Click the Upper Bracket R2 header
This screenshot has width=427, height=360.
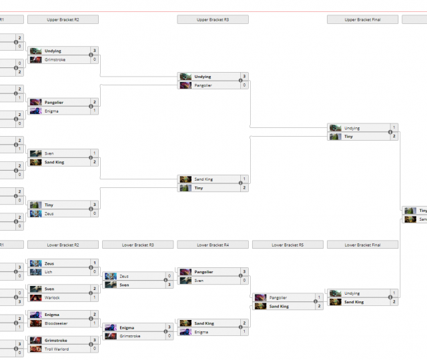[63, 20]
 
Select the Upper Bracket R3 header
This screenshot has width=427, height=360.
[213, 20]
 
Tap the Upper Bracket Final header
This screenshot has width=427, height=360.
[363, 20]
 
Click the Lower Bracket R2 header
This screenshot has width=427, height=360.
[63, 245]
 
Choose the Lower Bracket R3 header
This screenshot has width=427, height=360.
[137, 245]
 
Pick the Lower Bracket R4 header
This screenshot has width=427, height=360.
[213, 245]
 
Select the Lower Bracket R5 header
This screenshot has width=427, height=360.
[288, 245]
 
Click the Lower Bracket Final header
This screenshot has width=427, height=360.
[363, 245]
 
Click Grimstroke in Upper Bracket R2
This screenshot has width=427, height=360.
[55, 59]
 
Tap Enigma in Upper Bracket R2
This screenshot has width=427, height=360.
[52, 111]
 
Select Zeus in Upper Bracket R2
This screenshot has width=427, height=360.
[50, 213]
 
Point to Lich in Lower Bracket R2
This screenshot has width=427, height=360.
[49, 272]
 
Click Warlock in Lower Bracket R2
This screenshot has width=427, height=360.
[53, 297]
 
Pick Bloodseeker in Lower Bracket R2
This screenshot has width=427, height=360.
[56, 323]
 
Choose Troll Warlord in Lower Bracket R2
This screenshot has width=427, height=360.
[57, 349]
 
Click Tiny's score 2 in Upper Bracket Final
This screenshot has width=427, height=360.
[394, 136]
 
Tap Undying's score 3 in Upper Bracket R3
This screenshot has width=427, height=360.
[244, 77]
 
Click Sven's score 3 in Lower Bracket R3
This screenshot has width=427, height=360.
[169, 285]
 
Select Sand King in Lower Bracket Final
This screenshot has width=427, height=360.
[354, 302]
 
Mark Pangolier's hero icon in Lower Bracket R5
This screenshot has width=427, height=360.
[260, 297]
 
